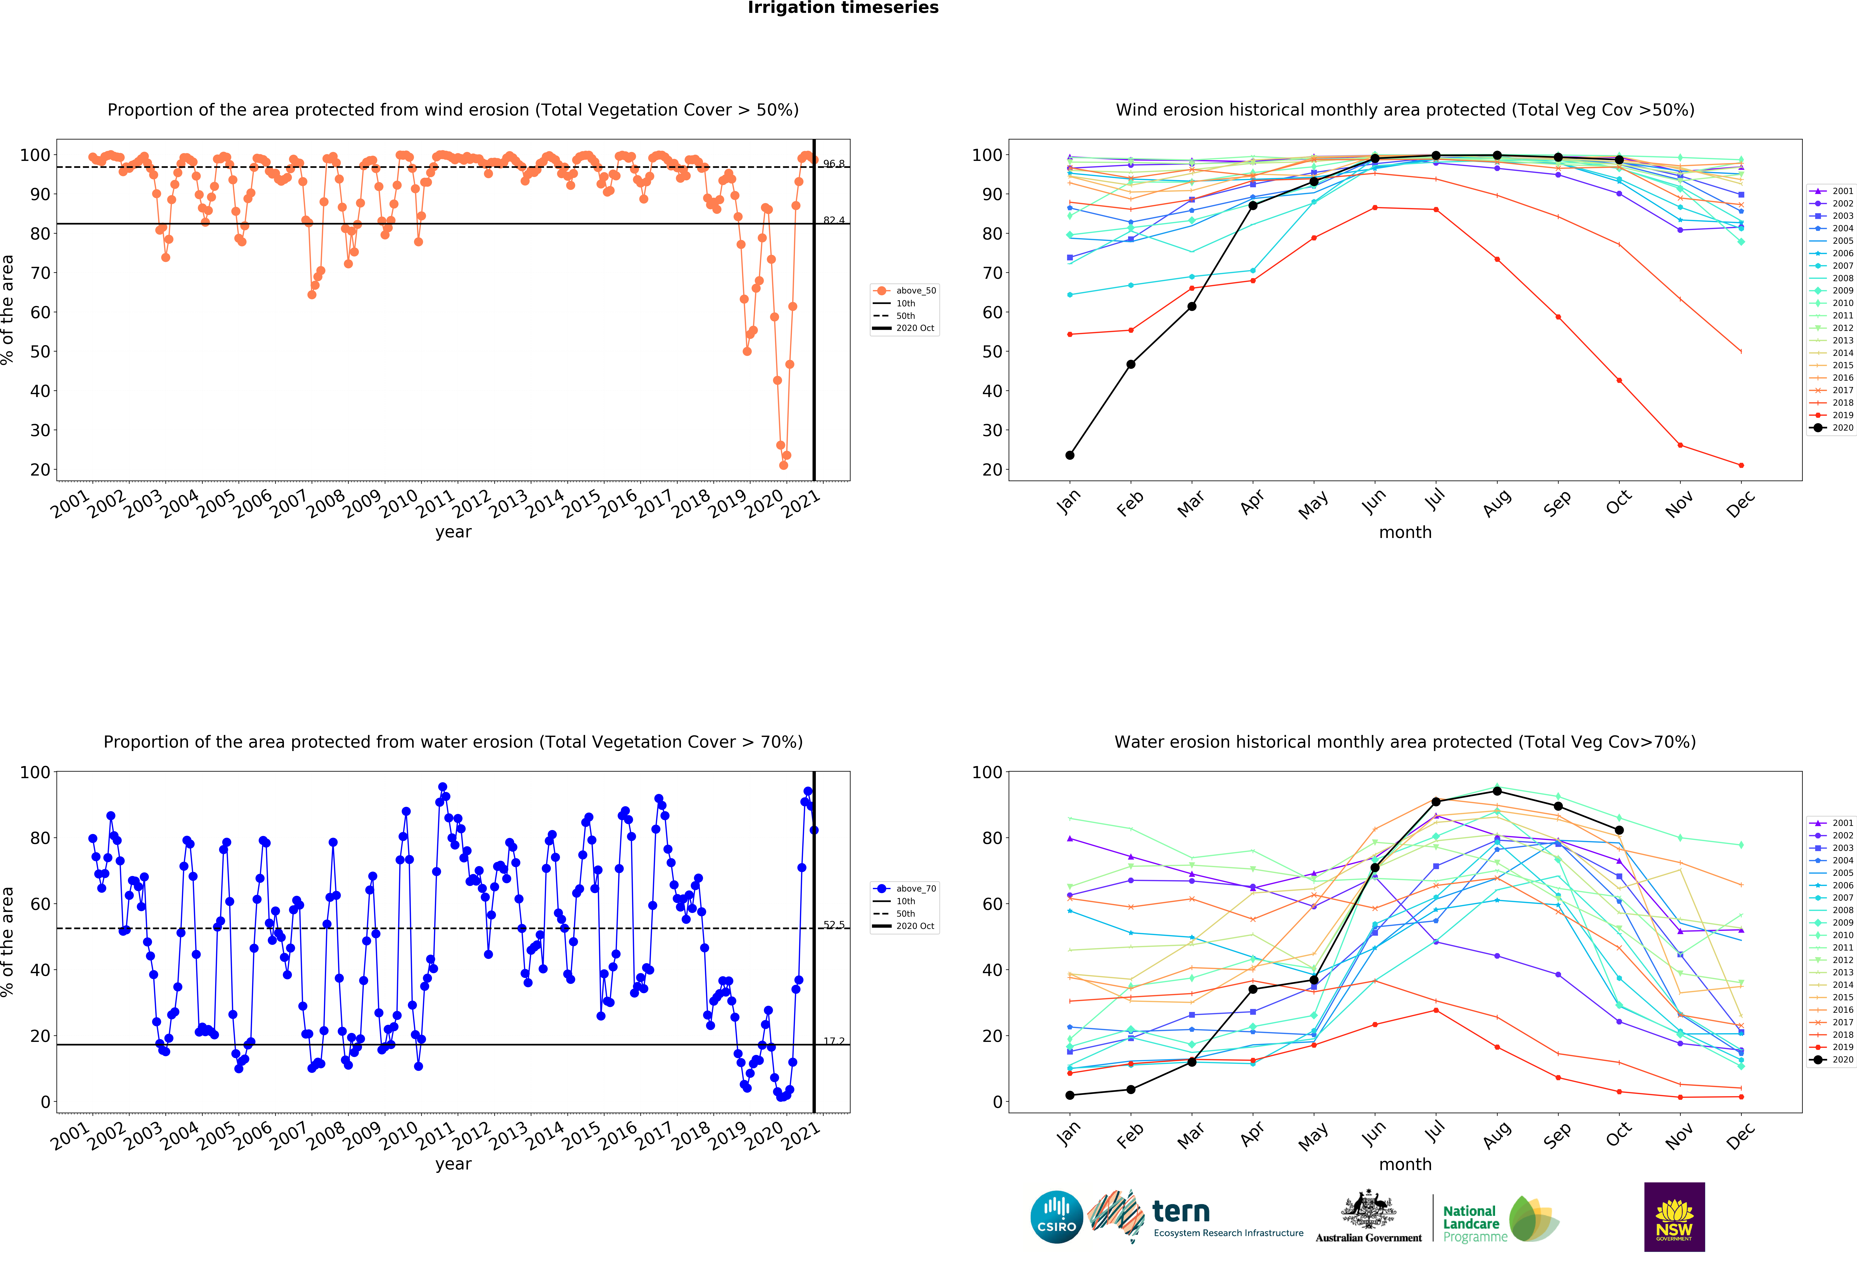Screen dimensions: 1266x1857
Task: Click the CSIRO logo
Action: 1056,1217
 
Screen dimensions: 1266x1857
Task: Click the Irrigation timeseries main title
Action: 843,8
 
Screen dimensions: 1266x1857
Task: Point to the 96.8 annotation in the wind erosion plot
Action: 834,164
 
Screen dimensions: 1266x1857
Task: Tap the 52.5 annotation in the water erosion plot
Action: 834,925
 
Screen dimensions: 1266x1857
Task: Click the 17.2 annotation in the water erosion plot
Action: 834,1041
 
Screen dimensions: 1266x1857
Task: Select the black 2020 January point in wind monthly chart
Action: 1070,456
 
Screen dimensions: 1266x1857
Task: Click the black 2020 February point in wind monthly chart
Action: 1131,364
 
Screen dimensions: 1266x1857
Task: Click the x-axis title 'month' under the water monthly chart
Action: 1405,1165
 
